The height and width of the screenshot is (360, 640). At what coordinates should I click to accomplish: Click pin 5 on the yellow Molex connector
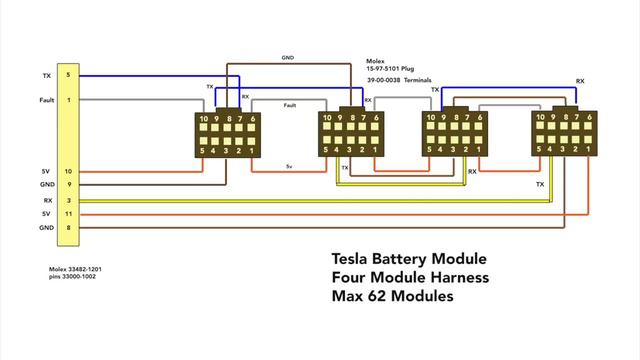point(68,75)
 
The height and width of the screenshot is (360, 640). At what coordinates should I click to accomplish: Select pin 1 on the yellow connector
point(68,100)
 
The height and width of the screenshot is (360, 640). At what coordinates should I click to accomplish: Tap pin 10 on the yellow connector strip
point(68,172)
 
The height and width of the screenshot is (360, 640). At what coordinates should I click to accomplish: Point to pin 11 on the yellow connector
point(68,214)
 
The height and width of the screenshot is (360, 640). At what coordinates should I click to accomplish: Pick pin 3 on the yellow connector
point(68,200)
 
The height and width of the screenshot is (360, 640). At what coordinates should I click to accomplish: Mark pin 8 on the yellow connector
point(68,229)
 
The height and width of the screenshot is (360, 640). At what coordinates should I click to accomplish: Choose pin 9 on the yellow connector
point(68,186)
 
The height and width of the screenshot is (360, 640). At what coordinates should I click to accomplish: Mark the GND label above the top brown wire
point(287,57)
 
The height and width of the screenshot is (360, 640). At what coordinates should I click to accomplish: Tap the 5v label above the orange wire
point(289,166)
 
